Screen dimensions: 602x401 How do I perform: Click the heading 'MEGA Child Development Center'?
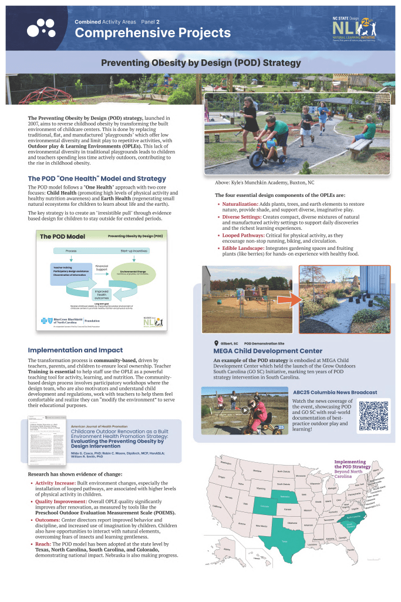[259, 351]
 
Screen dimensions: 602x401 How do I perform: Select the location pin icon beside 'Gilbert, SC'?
[215, 343]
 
